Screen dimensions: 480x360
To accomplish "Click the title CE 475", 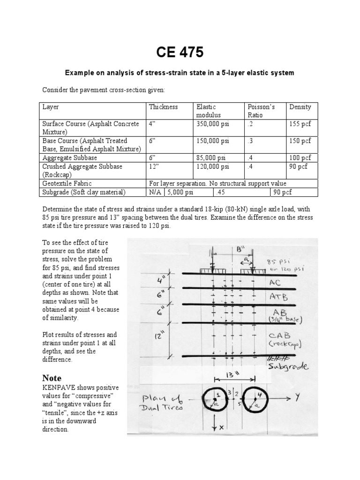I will click(x=180, y=53).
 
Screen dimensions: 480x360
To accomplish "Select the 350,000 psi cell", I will click(x=213, y=124).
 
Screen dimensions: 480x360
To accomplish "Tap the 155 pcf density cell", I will click(x=300, y=124).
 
